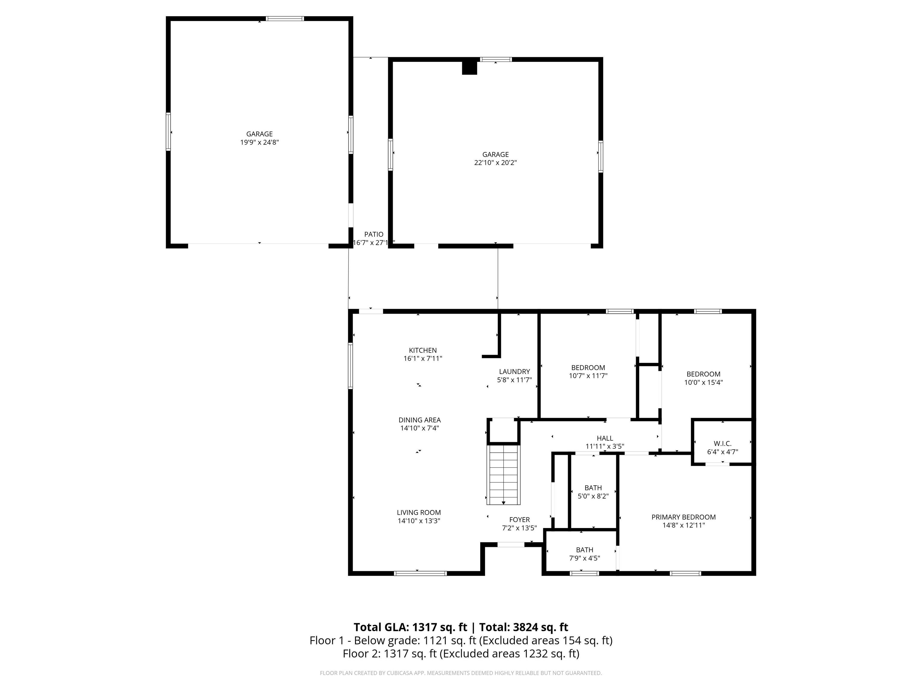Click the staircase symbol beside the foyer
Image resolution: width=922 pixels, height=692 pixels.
tap(504, 475)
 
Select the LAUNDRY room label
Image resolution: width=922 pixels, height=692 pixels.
tap(514, 372)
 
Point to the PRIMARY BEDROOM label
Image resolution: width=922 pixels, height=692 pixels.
tap(684, 517)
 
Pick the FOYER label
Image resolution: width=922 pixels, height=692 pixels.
tap(519, 520)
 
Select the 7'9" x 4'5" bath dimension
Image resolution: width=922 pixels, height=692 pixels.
tap(584, 558)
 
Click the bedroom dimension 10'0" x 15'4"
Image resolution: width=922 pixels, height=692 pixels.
tap(704, 382)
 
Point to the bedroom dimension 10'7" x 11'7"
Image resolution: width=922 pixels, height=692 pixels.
tap(588, 375)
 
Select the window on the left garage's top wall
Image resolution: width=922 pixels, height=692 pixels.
tap(285, 19)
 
